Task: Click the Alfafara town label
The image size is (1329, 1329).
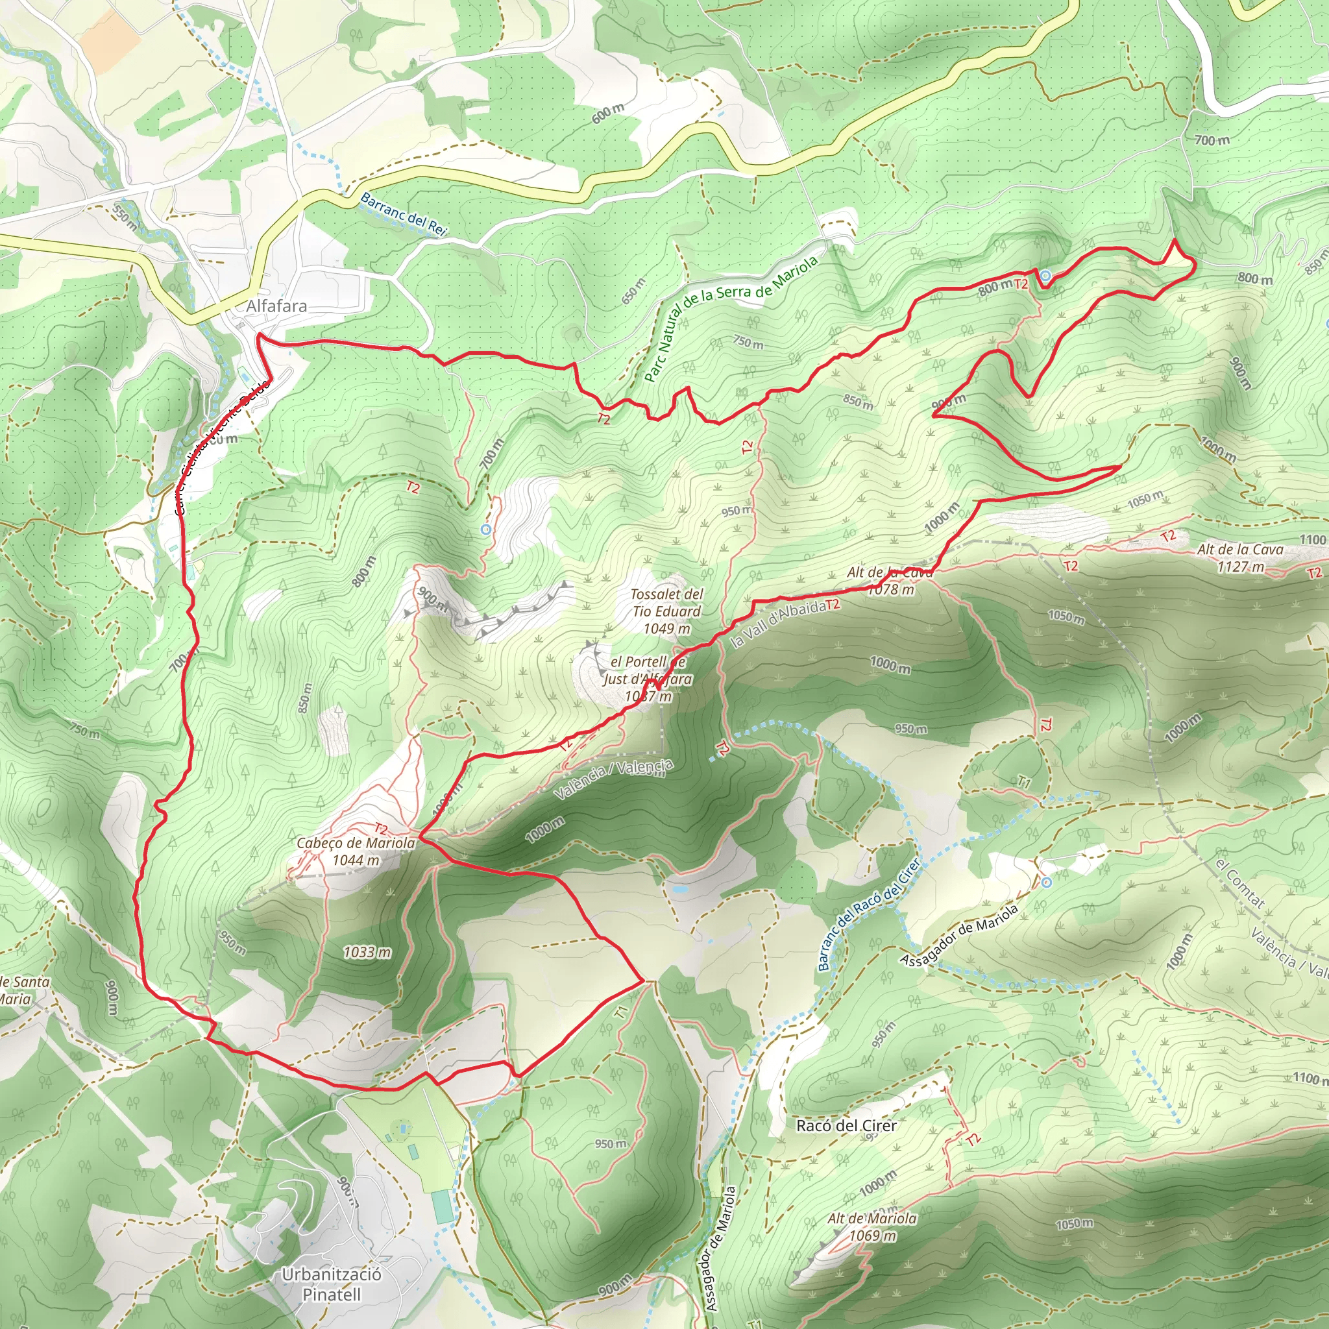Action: point(276,306)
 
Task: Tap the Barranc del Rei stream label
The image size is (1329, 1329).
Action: point(403,213)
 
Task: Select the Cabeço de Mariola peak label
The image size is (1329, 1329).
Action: point(356,844)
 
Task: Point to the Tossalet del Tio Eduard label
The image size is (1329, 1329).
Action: point(666,603)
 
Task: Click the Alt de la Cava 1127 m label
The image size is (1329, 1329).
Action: point(1240,558)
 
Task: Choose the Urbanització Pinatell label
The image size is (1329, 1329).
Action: point(332,1284)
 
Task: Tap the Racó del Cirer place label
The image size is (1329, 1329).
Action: point(846,1126)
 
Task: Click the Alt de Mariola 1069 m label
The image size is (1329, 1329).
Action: point(872,1227)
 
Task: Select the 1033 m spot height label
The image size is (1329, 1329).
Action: point(367,952)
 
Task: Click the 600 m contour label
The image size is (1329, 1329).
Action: point(608,114)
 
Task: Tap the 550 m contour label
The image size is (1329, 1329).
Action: point(125,217)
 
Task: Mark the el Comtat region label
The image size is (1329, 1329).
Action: point(1239,883)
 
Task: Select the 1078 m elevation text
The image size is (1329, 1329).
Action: point(891,589)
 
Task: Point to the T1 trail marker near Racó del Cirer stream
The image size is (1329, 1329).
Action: point(1024,782)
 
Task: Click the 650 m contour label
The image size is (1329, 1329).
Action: point(633,291)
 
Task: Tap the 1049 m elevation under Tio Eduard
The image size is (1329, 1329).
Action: point(666,629)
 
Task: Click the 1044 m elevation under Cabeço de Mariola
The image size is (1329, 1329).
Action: point(356,860)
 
